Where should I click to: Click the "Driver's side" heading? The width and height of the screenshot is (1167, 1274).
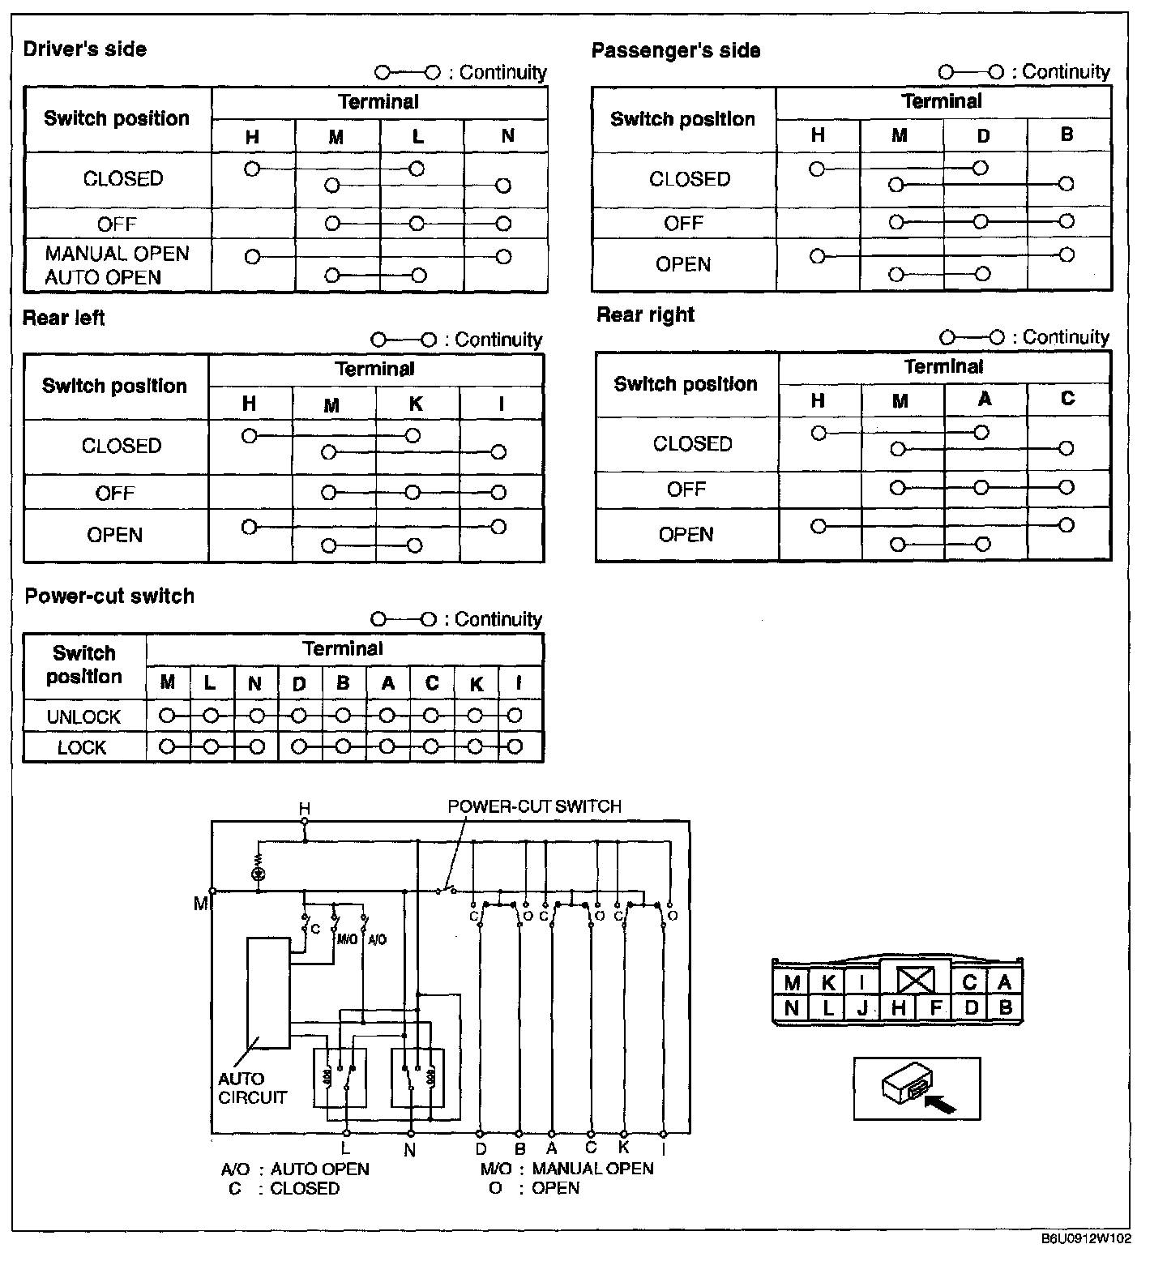click(84, 49)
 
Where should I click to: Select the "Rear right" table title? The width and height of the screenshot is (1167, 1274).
click(645, 315)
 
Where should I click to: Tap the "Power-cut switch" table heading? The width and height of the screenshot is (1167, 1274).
click(109, 596)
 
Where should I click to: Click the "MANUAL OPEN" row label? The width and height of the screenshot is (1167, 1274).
click(117, 254)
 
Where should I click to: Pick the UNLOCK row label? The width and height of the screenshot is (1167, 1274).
click(83, 717)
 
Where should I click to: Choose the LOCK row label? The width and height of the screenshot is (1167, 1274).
click(82, 747)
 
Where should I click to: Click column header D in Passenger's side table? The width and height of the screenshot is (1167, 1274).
click(983, 136)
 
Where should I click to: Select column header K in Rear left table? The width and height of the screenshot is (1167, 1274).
click(416, 404)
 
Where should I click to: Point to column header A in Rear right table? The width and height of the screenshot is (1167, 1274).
click(985, 399)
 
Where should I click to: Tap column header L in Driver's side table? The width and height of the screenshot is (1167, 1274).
click(418, 137)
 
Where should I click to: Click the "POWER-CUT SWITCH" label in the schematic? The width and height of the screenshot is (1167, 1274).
click(534, 806)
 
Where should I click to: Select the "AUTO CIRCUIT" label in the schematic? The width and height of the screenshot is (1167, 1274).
click(252, 1088)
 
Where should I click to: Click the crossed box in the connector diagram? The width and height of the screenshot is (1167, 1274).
click(915, 981)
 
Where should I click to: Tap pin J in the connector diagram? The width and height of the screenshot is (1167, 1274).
click(862, 1008)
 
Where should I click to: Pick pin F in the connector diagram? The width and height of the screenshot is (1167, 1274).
click(936, 1008)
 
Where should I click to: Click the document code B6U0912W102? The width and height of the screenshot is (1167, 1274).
click(1086, 1238)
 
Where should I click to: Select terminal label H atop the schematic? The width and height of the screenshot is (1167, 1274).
click(305, 808)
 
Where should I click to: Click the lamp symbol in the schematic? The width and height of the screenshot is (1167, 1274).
click(259, 874)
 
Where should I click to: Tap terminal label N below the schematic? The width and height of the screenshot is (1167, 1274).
click(410, 1149)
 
